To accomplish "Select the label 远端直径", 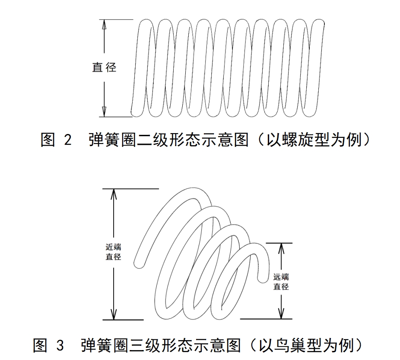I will click(x=281, y=281).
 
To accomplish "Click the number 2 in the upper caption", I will click(x=67, y=140).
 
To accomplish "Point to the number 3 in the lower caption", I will click(x=60, y=345).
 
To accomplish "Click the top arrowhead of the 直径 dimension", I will click(x=104, y=24).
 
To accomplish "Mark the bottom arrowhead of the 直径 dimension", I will click(x=104, y=112).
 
